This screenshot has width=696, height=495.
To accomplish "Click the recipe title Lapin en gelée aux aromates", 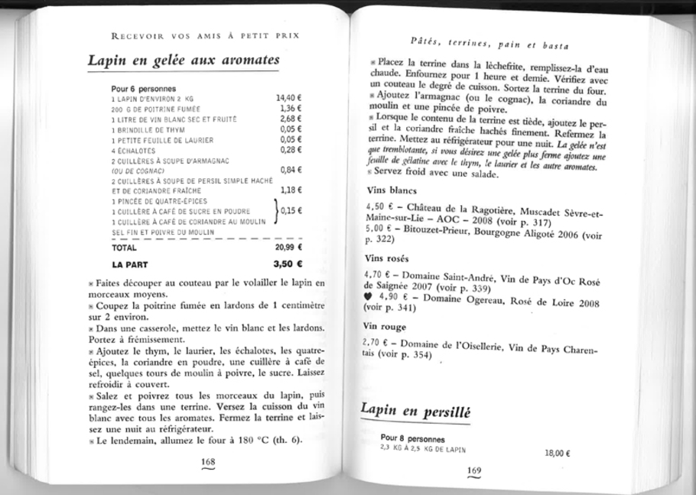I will [184, 60].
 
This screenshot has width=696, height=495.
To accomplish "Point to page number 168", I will [207, 462].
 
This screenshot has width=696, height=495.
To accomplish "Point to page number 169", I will [474, 470].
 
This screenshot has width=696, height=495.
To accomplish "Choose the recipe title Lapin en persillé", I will [415, 411].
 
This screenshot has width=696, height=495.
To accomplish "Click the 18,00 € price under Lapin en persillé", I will [558, 453].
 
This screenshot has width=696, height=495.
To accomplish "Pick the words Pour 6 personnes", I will [144, 89].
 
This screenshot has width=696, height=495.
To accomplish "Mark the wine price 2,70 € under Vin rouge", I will [374, 344].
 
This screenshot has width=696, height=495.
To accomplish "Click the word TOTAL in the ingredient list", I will [124, 248].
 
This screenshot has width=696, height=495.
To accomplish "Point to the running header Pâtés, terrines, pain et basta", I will [482, 45].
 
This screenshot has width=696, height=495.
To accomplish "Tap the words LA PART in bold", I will [129, 265].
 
